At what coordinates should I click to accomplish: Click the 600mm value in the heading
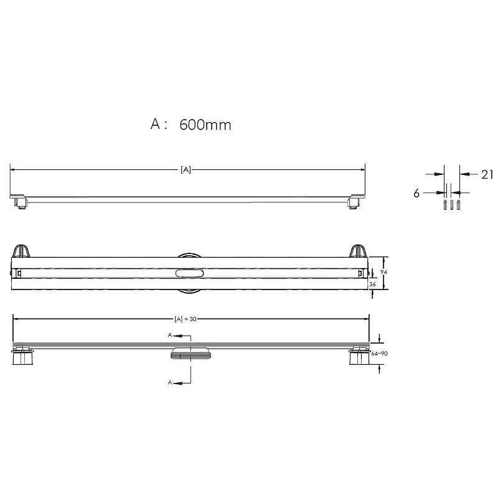pyautogui.click(x=205, y=125)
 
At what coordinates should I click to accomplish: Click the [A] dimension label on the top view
pyautogui.click(x=186, y=170)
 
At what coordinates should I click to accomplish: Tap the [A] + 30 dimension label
pyautogui.click(x=186, y=319)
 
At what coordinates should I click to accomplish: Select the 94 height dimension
pyautogui.click(x=383, y=272)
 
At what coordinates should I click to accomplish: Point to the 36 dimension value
pyautogui.click(x=372, y=284)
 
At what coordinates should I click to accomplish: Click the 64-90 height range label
pyautogui.click(x=379, y=354)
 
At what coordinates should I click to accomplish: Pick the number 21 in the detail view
pyautogui.click(x=487, y=174)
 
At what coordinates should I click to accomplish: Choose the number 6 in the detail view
pyautogui.click(x=416, y=193)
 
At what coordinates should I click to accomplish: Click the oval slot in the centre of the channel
pyautogui.click(x=190, y=273)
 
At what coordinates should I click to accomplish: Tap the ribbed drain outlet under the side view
pyautogui.click(x=190, y=354)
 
